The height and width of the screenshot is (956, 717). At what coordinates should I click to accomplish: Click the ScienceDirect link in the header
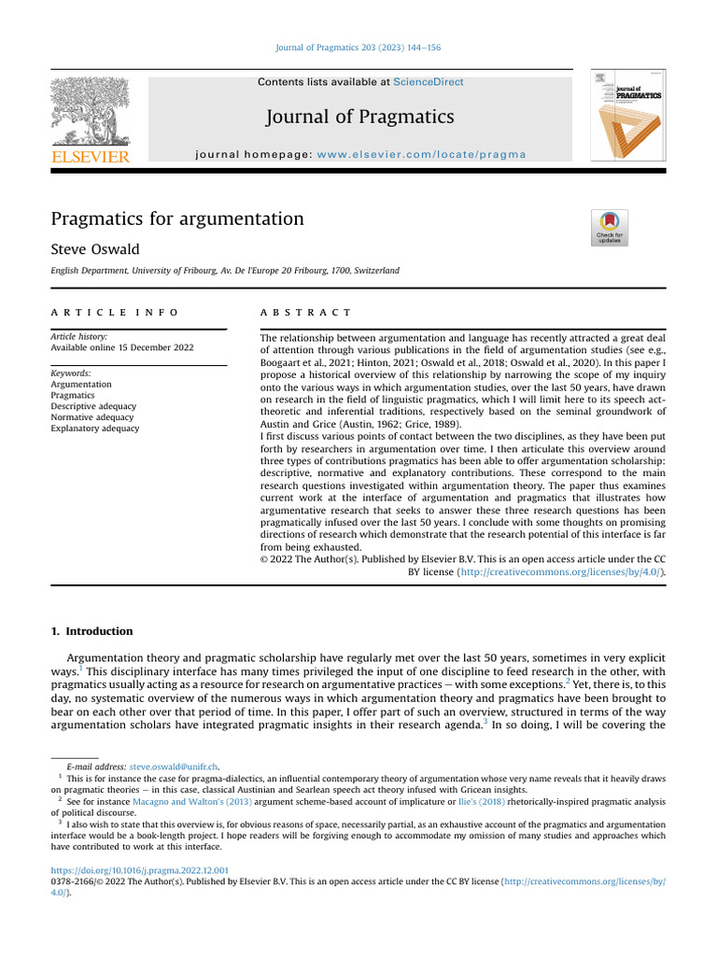[x=429, y=82]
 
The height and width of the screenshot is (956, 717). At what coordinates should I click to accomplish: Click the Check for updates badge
[x=611, y=228]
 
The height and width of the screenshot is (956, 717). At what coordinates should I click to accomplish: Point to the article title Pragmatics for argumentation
[x=177, y=219]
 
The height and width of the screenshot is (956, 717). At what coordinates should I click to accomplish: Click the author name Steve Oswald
[x=94, y=250]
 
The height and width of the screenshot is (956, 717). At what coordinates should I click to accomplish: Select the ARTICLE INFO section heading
[x=114, y=312]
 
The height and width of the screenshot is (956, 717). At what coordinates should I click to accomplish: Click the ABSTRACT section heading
[x=305, y=312]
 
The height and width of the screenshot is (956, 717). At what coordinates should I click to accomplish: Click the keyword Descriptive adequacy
[x=93, y=406]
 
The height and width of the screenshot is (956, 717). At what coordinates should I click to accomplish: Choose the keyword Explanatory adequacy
[x=94, y=429]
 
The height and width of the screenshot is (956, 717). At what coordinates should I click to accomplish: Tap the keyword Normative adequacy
[x=92, y=417]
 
